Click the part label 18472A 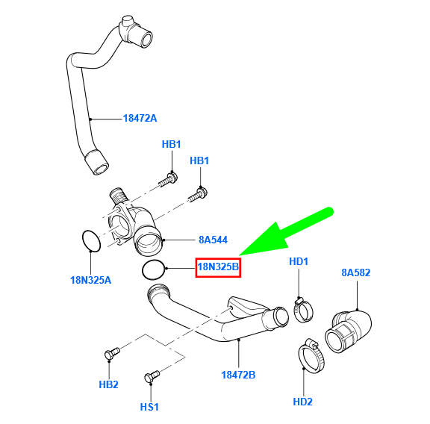coord(140,118)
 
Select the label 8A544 coord(213,240)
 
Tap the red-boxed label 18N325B coord(218,267)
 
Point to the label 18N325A coord(91,280)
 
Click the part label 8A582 coord(356,272)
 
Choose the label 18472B coord(238,375)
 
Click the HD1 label coord(299,261)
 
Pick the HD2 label coord(303,402)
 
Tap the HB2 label coord(108,384)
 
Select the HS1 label coord(149,407)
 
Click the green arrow coord(285,233)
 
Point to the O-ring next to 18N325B coord(143,270)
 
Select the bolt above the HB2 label coord(112,353)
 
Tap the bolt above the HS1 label coord(152,375)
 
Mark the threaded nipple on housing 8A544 coord(119,196)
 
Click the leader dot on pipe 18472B coord(239,340)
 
